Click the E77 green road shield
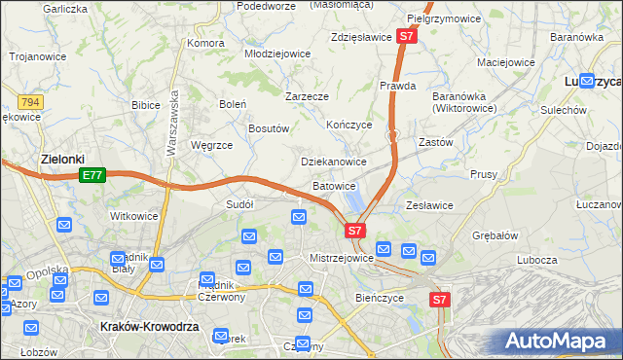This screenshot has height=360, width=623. (92, 175)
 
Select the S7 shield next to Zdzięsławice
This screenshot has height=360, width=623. (408, 37)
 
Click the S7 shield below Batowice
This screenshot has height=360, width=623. (355, 231)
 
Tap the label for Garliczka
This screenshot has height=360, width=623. (65, 9)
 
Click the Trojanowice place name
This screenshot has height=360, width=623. (38, 56)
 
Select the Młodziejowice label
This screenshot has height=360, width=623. (276, 54)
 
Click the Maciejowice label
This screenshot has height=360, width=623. (506, 62)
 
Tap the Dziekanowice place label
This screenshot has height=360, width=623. (333, 162)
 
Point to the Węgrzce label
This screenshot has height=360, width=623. (211, 145)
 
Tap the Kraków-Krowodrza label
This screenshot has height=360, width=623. (149, 328)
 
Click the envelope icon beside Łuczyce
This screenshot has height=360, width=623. (587, 82)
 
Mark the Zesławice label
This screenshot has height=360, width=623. (429, 205)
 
